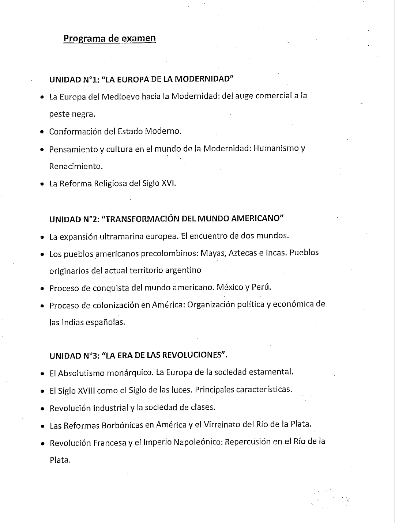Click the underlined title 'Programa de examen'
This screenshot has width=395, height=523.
pos(110,38)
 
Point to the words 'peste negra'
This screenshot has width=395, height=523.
pos(72,114)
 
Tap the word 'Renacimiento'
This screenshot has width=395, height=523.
pos(76,166)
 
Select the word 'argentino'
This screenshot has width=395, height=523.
pos(183,270)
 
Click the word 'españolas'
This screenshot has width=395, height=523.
pos(109,322)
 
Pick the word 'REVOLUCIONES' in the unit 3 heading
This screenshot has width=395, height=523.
pos(193,355)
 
